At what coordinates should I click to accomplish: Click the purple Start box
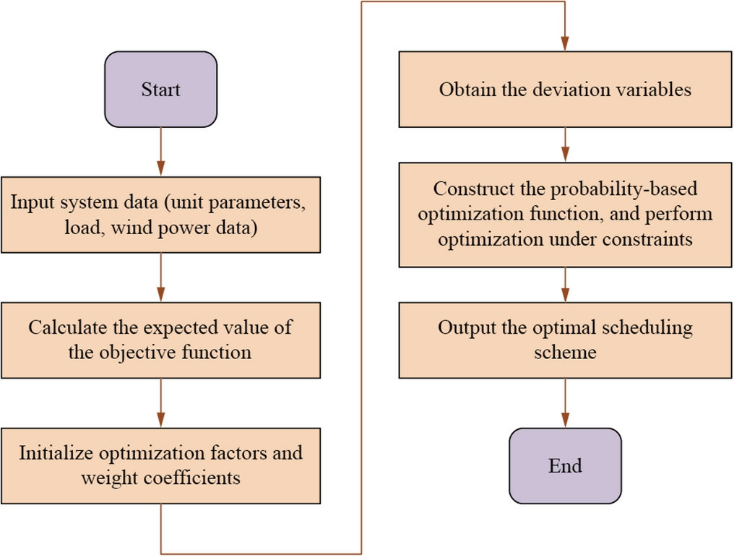[160, 90]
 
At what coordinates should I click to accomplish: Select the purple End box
[565, 466]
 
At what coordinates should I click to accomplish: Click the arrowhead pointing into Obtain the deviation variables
[565, 43]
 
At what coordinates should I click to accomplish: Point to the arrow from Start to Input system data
[160, 152]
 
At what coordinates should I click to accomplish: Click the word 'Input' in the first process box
[32, 202]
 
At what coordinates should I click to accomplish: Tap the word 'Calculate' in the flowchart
[67, 327]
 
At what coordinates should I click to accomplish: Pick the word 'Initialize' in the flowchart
[56, 453]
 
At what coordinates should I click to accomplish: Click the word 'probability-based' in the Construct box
[624, 189]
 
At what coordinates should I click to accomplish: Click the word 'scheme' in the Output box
[565, 353]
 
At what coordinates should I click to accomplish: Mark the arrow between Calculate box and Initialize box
[160, 403]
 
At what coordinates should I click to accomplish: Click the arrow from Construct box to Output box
[565, 285]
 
